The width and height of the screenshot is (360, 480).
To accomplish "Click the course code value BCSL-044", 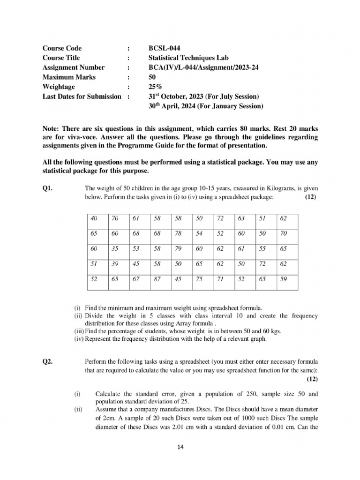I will point(164,48).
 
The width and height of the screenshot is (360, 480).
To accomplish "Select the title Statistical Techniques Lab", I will point(188,58).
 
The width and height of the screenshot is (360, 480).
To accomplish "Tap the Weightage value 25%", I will point(155,87).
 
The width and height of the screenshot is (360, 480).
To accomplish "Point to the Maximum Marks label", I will point(69,77).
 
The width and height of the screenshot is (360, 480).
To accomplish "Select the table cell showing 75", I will point(199,280).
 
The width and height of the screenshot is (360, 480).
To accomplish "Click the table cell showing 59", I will point(283,280).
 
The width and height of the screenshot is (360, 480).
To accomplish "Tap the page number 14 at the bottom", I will point(180,447).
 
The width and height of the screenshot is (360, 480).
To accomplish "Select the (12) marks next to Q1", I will point(310,197).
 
